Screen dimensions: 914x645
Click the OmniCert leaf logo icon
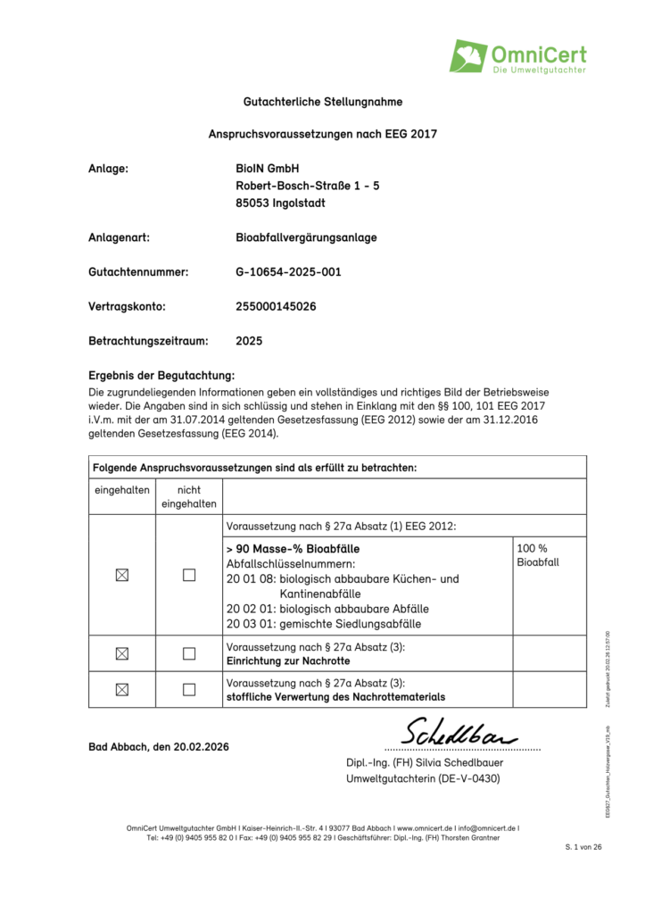[x=468, y=56]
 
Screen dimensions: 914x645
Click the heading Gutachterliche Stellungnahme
[x=322, y=102]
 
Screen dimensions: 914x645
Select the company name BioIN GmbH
[x=268, y=169]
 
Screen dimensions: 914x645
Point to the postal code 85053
[x=252, y=203]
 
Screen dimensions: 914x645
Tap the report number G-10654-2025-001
[x=288, y=271]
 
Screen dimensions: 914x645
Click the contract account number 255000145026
[x=276, y=306]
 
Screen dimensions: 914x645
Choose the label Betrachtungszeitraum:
[x=148, y=341]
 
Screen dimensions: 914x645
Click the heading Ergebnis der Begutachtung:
[x=161, y=375]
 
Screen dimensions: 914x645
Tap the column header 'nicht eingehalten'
[x=188, y=496]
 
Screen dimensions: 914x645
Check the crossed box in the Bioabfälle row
[x=121, y=576]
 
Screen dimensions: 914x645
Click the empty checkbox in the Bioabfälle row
[x=188, y=576]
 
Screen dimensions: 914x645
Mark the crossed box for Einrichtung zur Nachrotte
[x=121, y=653]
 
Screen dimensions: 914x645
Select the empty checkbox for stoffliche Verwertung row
[x=188, y=689]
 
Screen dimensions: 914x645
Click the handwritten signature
[x=459, y=734]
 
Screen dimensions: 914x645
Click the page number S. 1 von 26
[x=584, y=846]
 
